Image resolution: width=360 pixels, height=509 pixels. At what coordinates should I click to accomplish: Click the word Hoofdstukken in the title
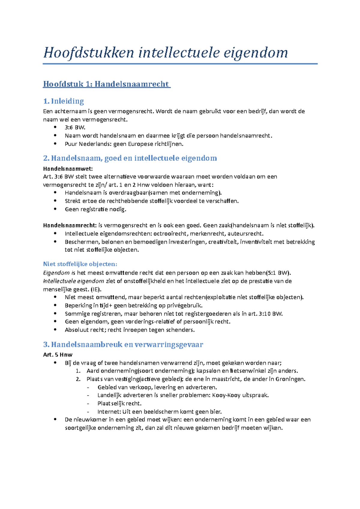point(88,53)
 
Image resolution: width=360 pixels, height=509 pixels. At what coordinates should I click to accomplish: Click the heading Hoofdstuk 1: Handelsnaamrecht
point(106,84)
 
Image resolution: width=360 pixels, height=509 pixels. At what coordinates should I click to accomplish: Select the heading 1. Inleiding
point(63,101)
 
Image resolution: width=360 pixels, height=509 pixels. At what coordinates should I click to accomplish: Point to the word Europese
point(141,144)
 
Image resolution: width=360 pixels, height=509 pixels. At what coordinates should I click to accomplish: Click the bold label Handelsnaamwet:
point(68,168)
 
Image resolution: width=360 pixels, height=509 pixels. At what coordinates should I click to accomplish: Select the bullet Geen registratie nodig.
point(95,209)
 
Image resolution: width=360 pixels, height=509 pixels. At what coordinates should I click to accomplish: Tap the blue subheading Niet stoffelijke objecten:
point(80,264)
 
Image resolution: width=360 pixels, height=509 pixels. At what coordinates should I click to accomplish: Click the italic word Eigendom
point(56,273)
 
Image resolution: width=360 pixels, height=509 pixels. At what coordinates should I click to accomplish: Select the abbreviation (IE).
point(96,289)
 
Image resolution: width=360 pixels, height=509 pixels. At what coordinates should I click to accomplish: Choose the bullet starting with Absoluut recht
point(130,330)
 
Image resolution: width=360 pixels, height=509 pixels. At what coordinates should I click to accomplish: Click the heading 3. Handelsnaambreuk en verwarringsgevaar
point(123,344)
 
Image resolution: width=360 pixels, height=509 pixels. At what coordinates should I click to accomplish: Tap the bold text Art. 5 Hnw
point(58,355)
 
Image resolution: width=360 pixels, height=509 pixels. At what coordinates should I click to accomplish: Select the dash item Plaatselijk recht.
point(119,403)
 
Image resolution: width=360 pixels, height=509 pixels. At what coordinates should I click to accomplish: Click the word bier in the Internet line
point(216,412)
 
